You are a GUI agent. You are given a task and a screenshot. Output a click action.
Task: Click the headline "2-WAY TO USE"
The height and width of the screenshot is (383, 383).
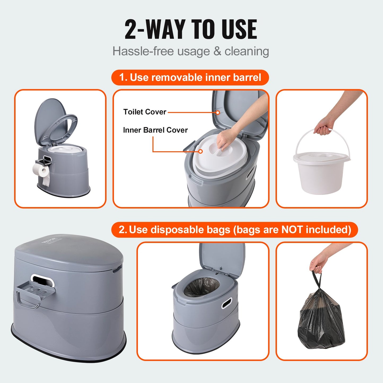point(191,29)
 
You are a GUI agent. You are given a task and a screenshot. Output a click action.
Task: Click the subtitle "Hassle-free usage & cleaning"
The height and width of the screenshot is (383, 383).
point(191,51)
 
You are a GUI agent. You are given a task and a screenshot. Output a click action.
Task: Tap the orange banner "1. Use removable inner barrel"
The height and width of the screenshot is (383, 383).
point(190,77)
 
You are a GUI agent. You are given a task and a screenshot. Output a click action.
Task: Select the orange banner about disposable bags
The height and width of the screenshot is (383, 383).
point(235,230)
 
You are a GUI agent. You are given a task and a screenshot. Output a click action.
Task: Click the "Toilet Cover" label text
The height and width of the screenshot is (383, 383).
point(145,112)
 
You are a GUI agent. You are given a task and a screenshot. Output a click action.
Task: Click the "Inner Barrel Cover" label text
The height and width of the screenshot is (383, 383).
point(155,130)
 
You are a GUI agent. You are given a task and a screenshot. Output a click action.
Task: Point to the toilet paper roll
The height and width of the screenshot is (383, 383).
point(41,170)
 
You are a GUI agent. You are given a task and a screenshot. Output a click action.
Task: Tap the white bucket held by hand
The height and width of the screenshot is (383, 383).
point(321,172)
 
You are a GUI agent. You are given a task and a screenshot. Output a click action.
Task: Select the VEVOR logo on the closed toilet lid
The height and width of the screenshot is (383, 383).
point(49,239)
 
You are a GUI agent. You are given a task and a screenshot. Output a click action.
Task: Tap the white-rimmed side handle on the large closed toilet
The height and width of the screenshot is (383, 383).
point(42,280)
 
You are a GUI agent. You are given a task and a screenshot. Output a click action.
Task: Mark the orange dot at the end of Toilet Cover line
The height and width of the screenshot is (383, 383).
point(218,112)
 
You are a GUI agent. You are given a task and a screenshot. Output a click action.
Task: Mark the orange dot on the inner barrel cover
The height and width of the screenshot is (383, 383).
point(201,151)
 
